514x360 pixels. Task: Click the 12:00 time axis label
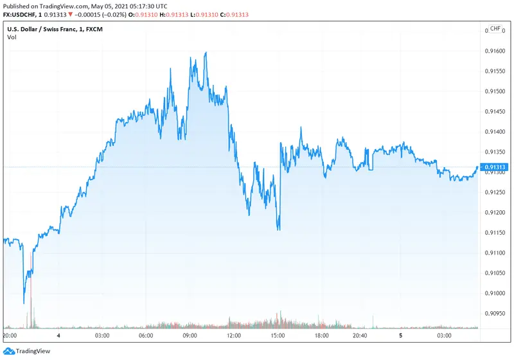coord(234,336)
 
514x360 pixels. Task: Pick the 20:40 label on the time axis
coord(360,336)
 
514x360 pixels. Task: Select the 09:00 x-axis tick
coord(190,336)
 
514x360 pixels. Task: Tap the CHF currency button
coord(495,29)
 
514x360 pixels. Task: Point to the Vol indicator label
coord(12,37)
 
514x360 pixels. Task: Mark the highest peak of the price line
coord(206,53)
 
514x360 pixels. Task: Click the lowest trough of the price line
coord(24,303)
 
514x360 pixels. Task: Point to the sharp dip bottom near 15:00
coord(278,230)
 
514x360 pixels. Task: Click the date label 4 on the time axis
coord(58,336)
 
